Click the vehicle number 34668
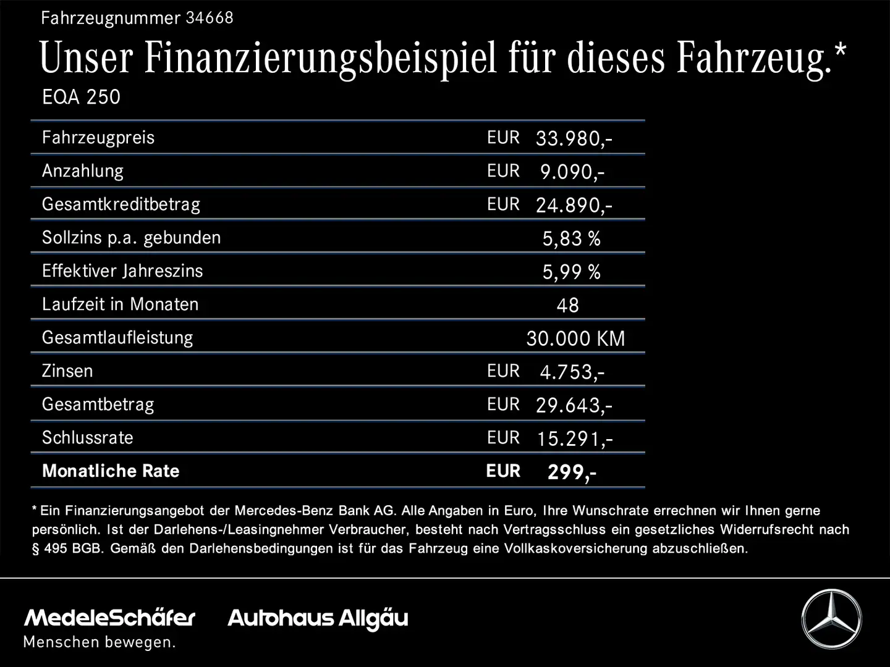[x=210, y=18]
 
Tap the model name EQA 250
[x=81, y=97]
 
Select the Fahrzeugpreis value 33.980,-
[x=574, y=138]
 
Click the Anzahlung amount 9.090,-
[x=572, y=171]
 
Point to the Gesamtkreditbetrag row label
[x=121, y=204]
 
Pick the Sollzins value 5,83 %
[x=571, y=238]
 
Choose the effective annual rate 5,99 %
[x=571, y=272]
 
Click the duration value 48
[x=567, y=305]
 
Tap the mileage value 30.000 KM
[x=575, y=338]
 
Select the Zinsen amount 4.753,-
[x=572, y=372]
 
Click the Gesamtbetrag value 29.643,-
[x=574, y=405]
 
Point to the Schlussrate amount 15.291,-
[x=574, y=438]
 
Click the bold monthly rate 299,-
[x=572, y=472]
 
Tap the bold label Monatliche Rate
[x=111, y=471]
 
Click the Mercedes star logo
[x=831, y=619]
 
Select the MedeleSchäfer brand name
[x=109, y=617]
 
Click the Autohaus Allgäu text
[x=318, y=618]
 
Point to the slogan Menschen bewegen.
[x=100, y=642]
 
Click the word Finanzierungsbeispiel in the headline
[x=320, y=58]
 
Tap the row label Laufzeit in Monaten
[x=121, y=304]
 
